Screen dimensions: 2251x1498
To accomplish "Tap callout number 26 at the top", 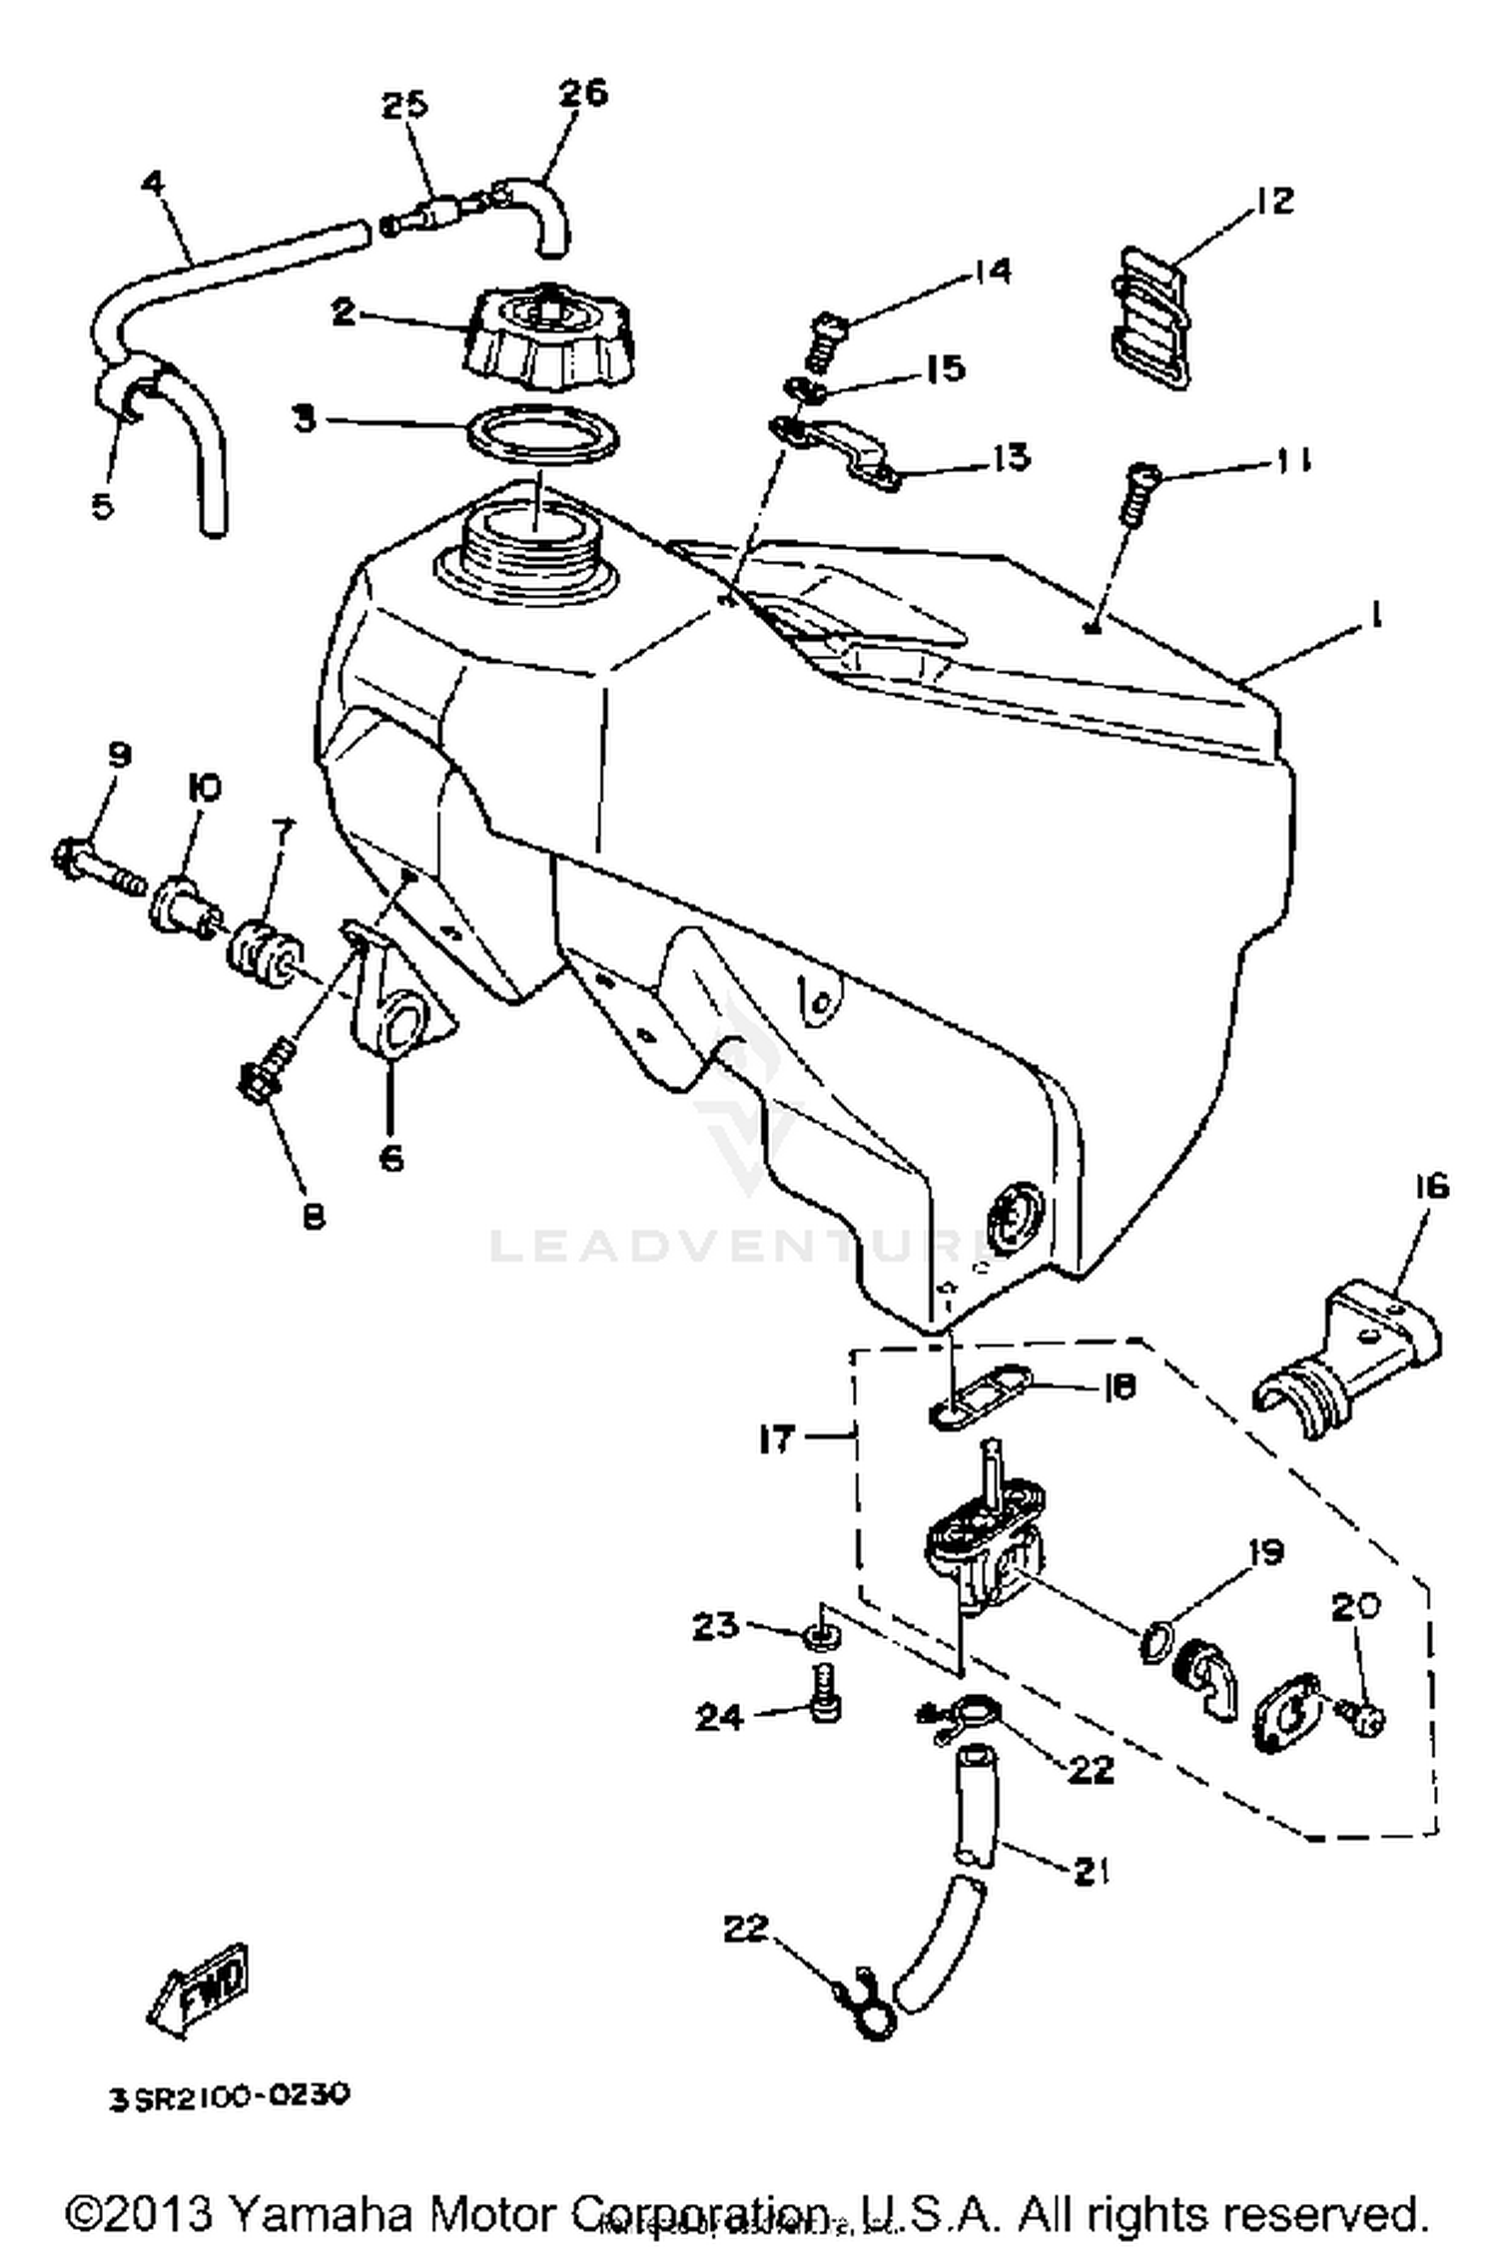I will (582, 93).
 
